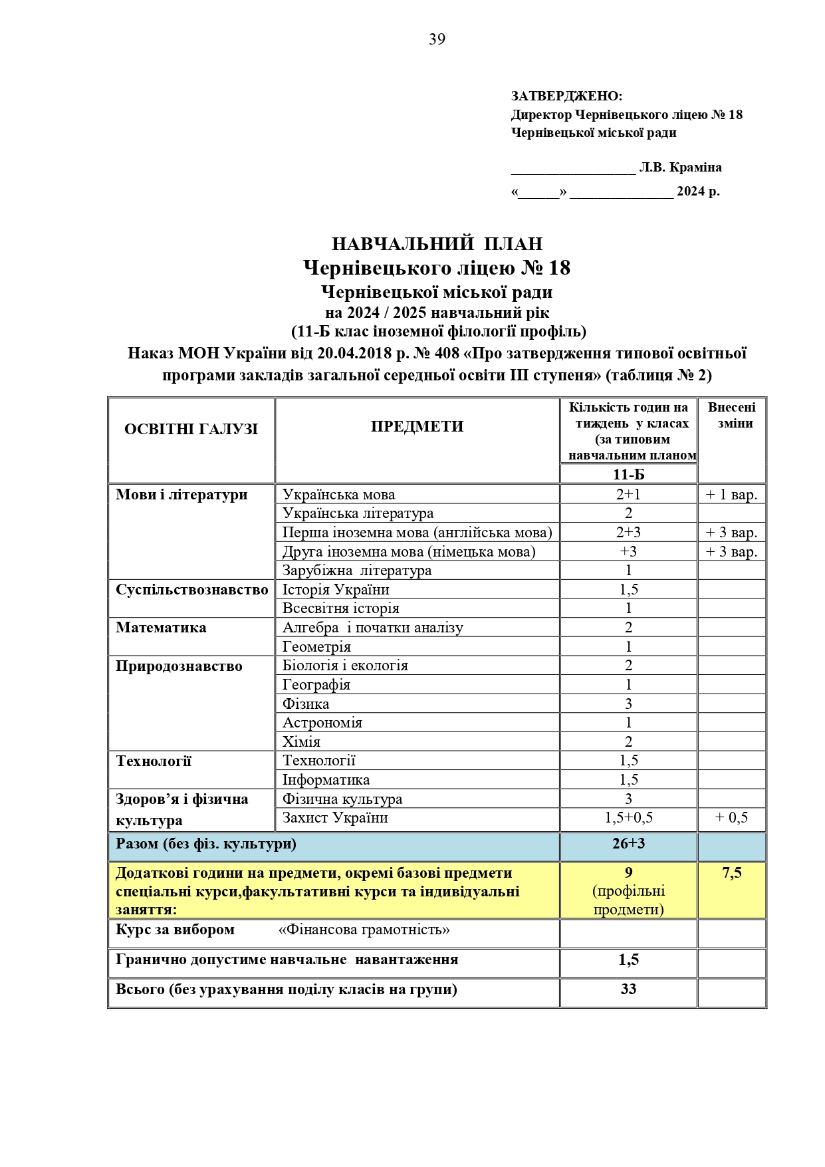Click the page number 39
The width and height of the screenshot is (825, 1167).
tap(437, 40)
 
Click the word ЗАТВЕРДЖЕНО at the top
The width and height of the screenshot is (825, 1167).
tap(566, 96)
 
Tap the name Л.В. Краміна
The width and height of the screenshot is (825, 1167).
tap(680, 168)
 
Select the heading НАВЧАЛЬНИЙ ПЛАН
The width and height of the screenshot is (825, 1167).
tap(437, 244)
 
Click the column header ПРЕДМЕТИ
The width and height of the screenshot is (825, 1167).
tap(417, 427)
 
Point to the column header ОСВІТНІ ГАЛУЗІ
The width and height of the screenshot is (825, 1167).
tap(191, 430)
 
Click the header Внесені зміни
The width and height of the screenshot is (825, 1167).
tap(731, 415)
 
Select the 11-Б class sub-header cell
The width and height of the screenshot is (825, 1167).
tap(628, 474)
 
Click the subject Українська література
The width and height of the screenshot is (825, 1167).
tap(358, 513)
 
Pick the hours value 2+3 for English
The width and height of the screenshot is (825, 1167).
tap(628, 533)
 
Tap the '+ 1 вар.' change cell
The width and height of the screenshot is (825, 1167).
tap(731, 495)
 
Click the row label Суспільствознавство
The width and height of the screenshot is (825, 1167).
tap(191, 590)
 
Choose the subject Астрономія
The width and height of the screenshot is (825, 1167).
tap(322, 723)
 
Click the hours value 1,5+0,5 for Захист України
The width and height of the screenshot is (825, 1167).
tap(628, 818)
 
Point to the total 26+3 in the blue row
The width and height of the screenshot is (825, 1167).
tap(628, 844)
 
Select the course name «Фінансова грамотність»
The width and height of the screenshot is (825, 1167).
tap(364, 930)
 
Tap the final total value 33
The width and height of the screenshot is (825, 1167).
tap(628, 989)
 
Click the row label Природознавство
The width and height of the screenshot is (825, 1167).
tap(179, 666)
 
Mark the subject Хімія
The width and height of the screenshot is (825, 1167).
tap(301, 742)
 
